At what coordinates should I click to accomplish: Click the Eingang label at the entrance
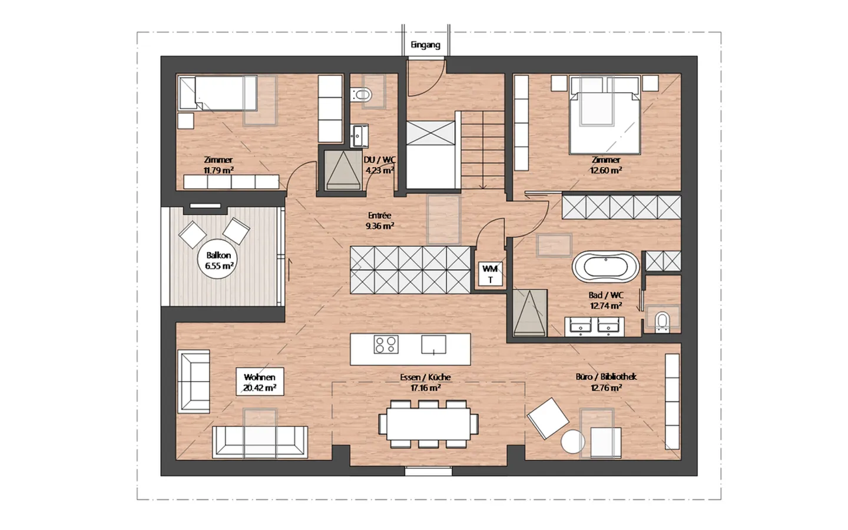pos(425,45)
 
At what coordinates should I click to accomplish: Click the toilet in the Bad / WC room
pos(662,322)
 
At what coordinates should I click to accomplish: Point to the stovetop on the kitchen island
pos(386,344)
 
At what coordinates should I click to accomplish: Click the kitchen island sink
pos(433,344)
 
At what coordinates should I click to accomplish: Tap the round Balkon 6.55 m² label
pos(219,261)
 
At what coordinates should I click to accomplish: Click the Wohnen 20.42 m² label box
pos(259,383)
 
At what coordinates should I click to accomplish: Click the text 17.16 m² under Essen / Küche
pos(425,388)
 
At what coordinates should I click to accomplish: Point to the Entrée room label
pos(379,216)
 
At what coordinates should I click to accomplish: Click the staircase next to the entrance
pos(482,150)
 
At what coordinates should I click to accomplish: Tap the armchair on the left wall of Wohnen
pos(194,381)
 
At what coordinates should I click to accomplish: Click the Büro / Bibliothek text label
pos(606,377)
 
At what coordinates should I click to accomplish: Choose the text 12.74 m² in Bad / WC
pos(606,306)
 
